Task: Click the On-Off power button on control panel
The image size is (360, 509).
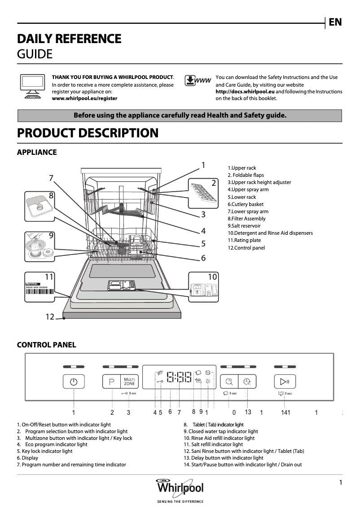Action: (x=74, y=382)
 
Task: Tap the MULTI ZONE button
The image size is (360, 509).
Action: (x=129, y=382)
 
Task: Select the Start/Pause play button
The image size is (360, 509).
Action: (x=285, y=382)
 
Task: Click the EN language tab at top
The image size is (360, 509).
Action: (x=335, y=22)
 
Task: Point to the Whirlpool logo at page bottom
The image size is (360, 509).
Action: (x=180, y=488)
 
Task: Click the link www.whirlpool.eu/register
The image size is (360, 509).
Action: (x=85, y=98)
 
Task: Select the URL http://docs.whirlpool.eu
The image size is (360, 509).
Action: (x=245, y=92)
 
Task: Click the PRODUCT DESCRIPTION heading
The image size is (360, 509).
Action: (x=88, y=133)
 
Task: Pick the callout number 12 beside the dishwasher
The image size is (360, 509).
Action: (x=50, y=317)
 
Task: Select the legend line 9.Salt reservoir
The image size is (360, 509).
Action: (x=244, y=226)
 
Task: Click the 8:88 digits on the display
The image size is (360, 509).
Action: (x=179, y=377)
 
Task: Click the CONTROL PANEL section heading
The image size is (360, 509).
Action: (x=46, y=345)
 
